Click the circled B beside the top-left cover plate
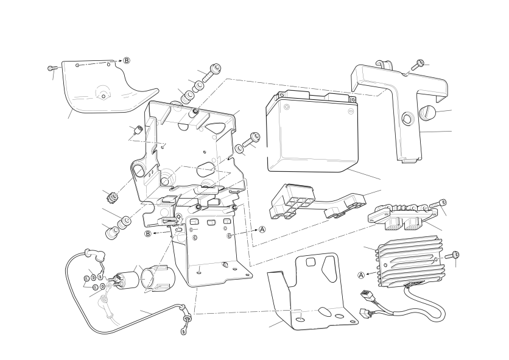point(127,60)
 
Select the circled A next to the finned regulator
point(361,275)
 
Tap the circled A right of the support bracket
point(262,230)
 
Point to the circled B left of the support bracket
point(148,234)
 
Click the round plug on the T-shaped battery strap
point(426,112)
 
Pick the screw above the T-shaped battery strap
point(418,65)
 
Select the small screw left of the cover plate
point(52,68)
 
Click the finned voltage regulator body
point(409,261)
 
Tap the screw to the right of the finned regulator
point(452,255)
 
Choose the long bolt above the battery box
point(212,72)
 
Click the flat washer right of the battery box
point(239,149)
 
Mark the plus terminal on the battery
point(287,107)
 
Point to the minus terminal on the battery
point(350,111)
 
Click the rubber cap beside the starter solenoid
point(158,278)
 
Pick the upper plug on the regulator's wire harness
point(367,295)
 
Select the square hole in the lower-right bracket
point(311,261)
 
